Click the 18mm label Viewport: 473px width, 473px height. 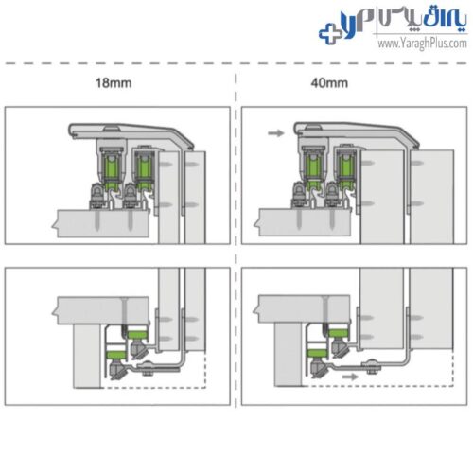tap(114, 83)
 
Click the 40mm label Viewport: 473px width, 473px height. tap(329, 83)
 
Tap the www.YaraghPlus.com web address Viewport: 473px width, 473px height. tap(422, 44)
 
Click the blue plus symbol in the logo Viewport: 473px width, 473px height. tap(330, 33)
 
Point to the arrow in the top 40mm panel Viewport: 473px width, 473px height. tap(276, 133)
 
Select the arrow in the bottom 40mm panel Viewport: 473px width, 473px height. tap(350, 377)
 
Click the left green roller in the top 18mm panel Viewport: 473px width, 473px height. tap(111, 171)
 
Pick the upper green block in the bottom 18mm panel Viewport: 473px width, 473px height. tap(137, 333)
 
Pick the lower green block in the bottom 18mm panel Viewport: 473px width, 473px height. tap(117, 354)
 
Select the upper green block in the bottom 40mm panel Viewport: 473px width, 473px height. tap(338, 332)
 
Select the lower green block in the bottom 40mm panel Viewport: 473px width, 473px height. tap(318, 353)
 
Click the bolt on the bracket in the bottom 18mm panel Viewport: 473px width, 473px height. tap(147, 369)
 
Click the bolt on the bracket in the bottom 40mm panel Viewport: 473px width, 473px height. tap(372, 367)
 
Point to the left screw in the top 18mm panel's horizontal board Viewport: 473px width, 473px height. tap(97, 220)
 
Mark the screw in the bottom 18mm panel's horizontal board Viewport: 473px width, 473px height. tap(124, 311)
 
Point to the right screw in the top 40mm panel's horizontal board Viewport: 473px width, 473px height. tap(332, 219)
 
